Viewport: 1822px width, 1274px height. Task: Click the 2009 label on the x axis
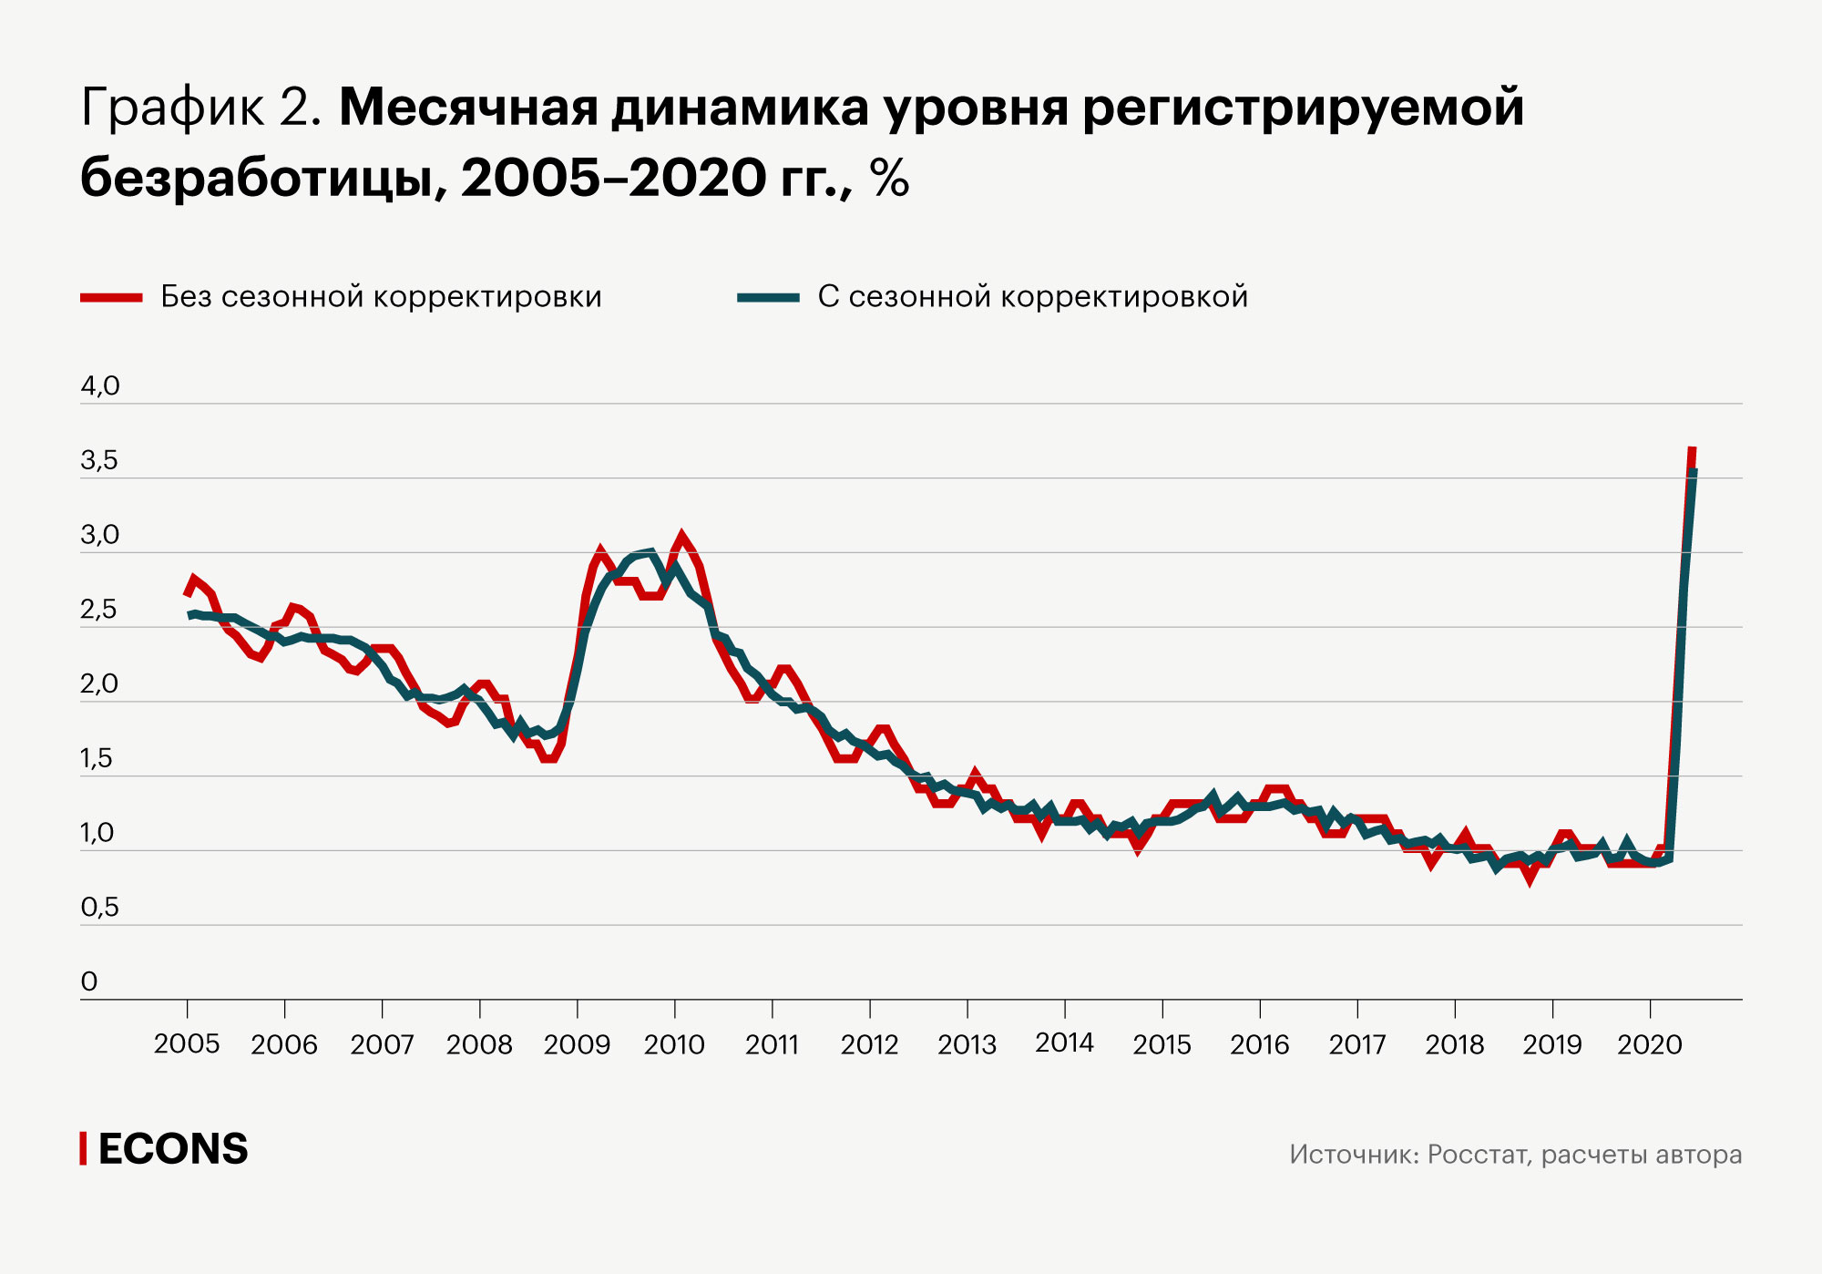pyautogui.click(x=577, y=1044)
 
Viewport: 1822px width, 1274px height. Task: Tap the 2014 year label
pyautogui.click(x=1064, y=1043)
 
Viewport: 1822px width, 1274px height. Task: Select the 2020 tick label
pyautogui.click(x=1649, y=1044)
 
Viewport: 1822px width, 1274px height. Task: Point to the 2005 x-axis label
pyautogui.click(x=187, y=1044)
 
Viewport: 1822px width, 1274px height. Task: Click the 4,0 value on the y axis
pyautogui.click(x=100, y=386)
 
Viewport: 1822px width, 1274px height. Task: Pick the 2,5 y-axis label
pyautogui.click(x=99, y=610)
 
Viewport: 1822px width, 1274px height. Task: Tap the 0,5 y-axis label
pyautogui.click(x=99, y=908)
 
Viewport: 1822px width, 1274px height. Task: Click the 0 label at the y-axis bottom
pyautogui.click(x=89, y=982)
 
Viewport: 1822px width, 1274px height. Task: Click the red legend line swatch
pyautogui.click(x=111, y=297)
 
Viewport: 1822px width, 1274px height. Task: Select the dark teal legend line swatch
pyautogui.click(x=768, y=297)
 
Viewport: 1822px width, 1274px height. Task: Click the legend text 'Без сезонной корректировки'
pyautogui.click(x=381, y=297)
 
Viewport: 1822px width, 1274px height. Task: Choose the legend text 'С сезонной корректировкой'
pyautogui.click(x=1032, y=297)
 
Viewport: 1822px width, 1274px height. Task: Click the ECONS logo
pyautogui.click(x=172, y=1149)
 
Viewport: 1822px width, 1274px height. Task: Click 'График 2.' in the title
pyautogui.click(x=201, y=108)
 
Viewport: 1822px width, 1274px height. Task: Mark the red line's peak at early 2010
pyautogui.click(x=681, y=537)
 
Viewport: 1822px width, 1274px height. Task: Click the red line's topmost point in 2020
pyautogui.click(x=1692, y=449)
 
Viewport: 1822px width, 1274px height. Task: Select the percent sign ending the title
pyautogui.click(x=889, y=178)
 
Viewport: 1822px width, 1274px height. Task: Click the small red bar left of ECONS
pyautogui.click(x=83, y=1148)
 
